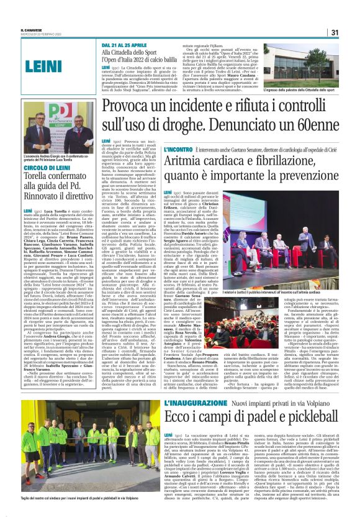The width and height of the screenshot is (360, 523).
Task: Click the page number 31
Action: [x=334, y=32]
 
